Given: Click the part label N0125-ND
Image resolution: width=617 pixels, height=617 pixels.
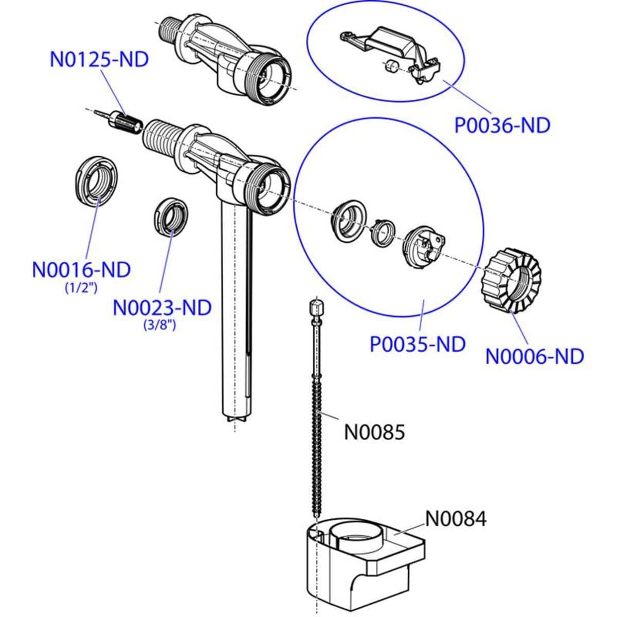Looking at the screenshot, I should click(x=99, y=59).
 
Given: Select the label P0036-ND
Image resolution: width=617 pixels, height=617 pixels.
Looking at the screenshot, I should click(x=502, y=125).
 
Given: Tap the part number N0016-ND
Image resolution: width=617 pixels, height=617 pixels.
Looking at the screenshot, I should click(x=81, y=270).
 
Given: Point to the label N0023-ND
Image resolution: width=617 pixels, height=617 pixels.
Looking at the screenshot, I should click(x=162, y=308).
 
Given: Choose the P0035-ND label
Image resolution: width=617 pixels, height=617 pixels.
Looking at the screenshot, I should click(x=418, y=344).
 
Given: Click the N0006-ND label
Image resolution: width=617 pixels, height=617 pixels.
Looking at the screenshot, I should click(x=535, y=356).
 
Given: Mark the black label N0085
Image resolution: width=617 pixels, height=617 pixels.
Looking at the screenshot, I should click(x=374, y=432).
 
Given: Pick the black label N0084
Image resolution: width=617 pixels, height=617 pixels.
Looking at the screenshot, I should click(x=456, y=519).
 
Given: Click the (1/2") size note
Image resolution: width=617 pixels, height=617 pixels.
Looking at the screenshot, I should click(x=81, y=288).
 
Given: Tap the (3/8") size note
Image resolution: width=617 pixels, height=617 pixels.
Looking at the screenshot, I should click(x=160, y=325).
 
